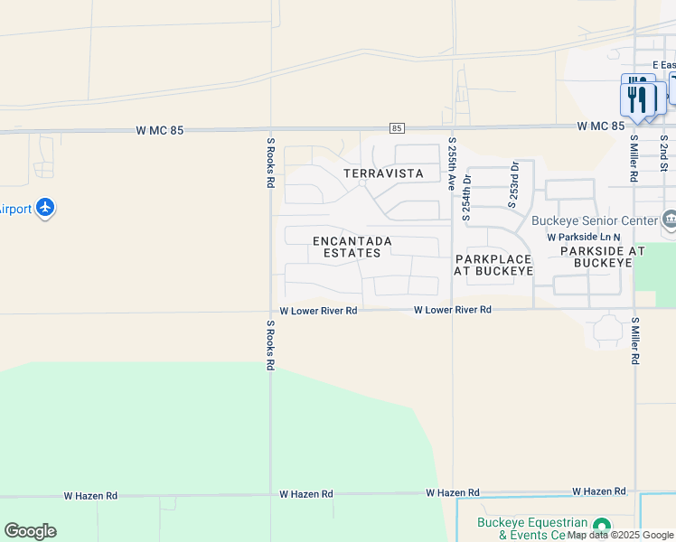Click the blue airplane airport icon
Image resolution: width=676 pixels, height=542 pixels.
tap(45, 209)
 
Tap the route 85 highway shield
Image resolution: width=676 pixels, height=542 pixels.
tap(398, 129)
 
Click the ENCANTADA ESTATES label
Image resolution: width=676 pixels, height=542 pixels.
tap(352, 247)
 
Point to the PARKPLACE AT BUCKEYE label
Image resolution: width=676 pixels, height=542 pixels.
tap(493, 265)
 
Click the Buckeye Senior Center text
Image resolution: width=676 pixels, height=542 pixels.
tap(594, 221)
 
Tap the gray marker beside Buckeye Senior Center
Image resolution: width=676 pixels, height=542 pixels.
tap(670, 220)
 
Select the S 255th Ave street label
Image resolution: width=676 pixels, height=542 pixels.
tap(452, 163)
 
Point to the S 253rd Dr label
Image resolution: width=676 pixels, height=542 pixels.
tap(512, 185)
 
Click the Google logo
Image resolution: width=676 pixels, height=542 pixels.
tap(30, 531)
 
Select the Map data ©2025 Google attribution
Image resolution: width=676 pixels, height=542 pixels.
tap(620, 536)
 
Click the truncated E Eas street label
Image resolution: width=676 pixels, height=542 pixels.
tap(663, 65)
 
